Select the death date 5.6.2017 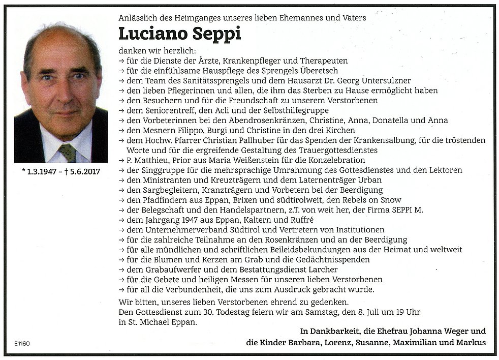82,171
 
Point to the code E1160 22,343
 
